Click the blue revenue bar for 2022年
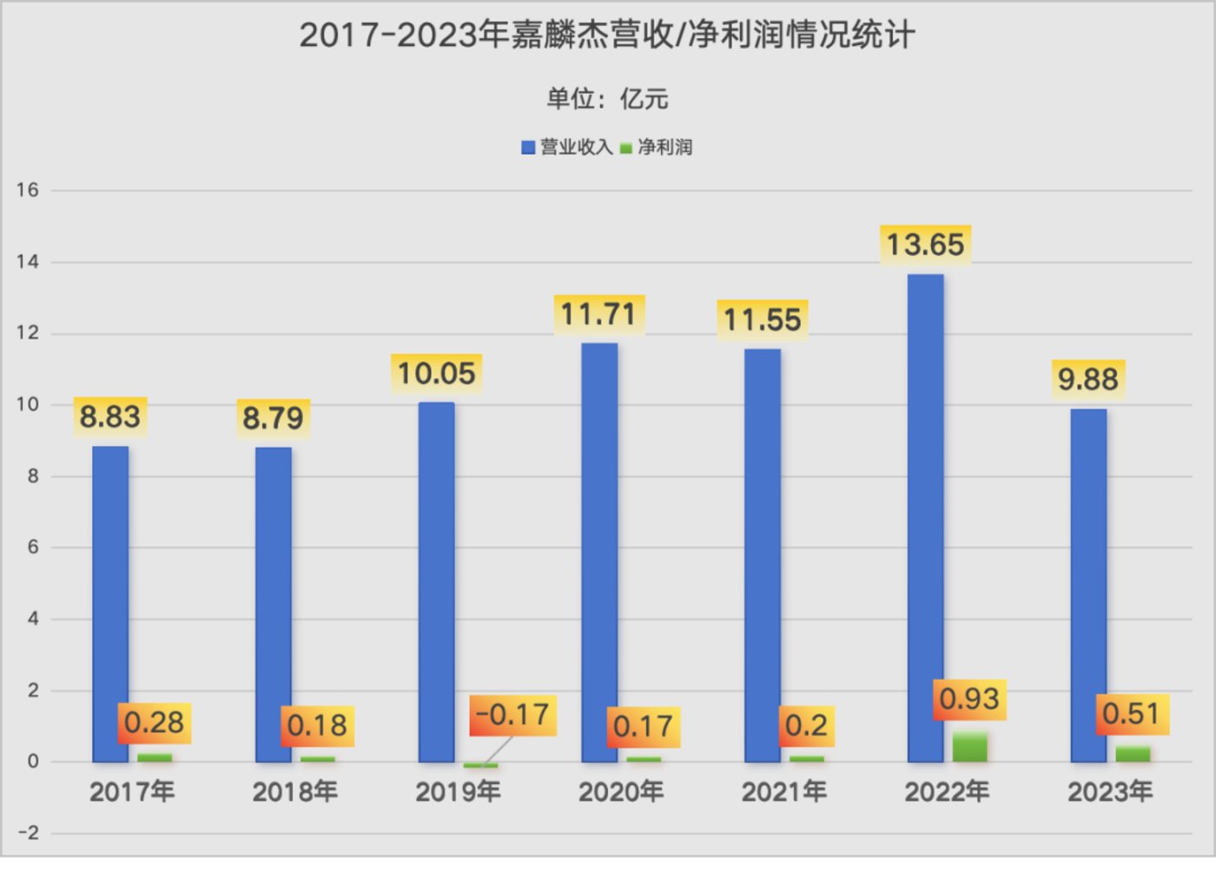coord(925,518)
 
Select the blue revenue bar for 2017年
coord(110,604)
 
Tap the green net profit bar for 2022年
coord(969,748)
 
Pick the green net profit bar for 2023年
coord(1133,755)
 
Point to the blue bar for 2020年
coord(599,553)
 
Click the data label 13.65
coord(925,245)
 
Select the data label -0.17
coord(512,715)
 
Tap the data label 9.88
coord(1087,380)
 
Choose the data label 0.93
coord(969,699)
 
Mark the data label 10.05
coord(436,374)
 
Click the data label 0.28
coord(154,722)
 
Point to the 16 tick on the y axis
coord(28,190)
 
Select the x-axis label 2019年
coord(458,792)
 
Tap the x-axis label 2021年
coord(783,792)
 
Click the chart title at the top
coord(607,36)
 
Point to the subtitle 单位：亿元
coord(607,99)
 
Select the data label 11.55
coord(763,320)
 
